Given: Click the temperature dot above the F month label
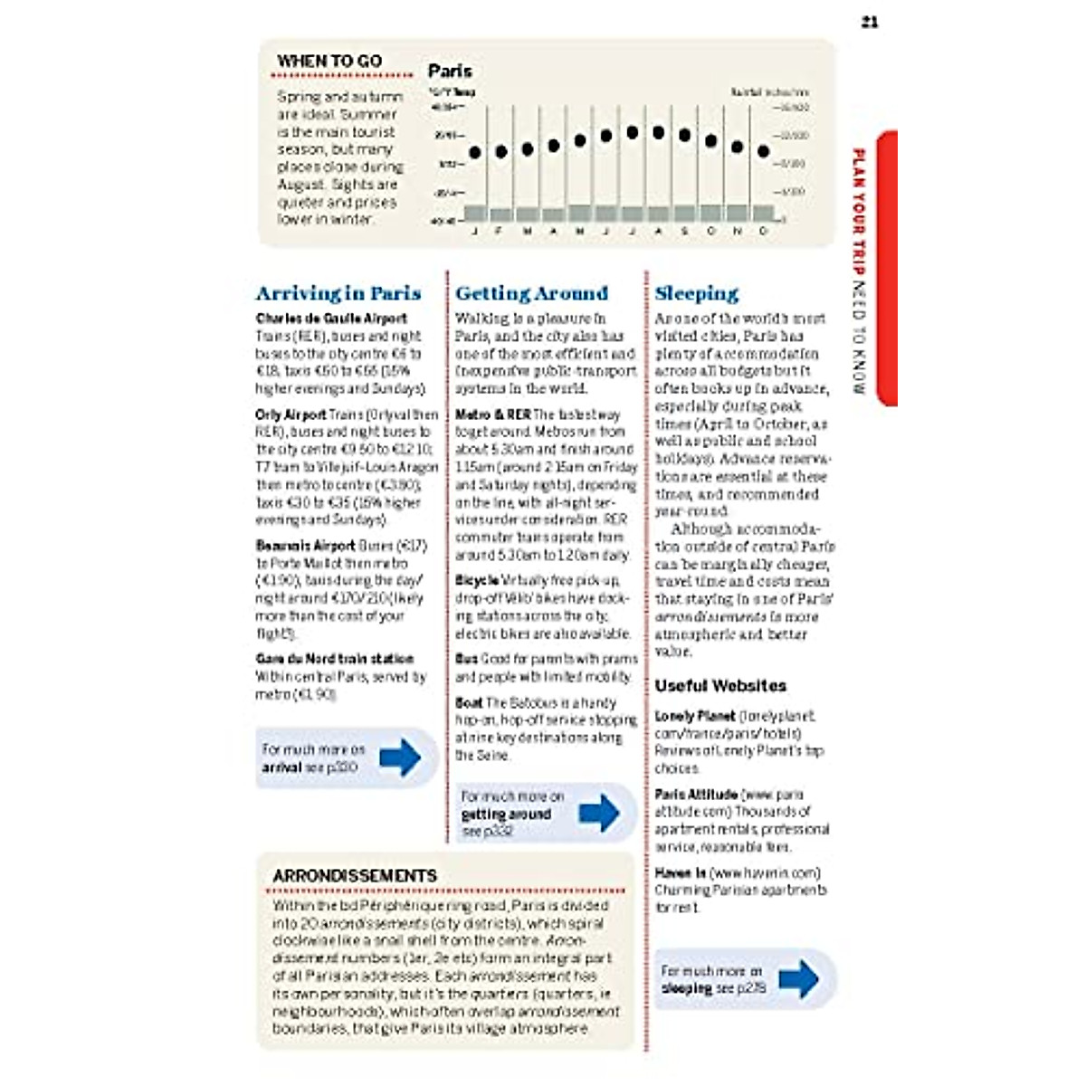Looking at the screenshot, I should click(500, 151).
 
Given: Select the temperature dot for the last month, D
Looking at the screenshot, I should click(763, 151).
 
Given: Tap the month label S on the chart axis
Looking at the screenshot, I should click(684, 232).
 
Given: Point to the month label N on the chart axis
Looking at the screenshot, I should click(738, 232).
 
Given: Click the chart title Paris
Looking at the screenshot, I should click(450, 71).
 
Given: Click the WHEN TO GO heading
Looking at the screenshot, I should click(329, 61).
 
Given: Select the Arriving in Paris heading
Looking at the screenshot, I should click(338, 293).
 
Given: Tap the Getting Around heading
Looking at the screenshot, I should click(531, 293).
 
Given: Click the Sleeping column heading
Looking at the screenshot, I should click(696, 293).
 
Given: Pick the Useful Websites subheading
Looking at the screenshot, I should click(720, 686).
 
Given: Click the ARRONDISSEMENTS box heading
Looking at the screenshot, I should click(355, 876).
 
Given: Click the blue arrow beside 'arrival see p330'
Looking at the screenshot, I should click(400, 757).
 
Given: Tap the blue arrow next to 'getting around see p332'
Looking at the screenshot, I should click(599, 813).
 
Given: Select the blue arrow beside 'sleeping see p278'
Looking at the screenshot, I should click(798, 979).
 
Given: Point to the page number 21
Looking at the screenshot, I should click(870, 22).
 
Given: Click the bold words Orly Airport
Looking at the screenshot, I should click(291, 414).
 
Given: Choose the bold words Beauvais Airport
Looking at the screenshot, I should click(305, 546).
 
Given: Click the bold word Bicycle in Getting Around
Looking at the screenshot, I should click(477, 580).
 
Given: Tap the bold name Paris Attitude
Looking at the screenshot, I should click(695, 795).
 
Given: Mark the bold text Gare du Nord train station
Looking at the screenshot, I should click(334, 659).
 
